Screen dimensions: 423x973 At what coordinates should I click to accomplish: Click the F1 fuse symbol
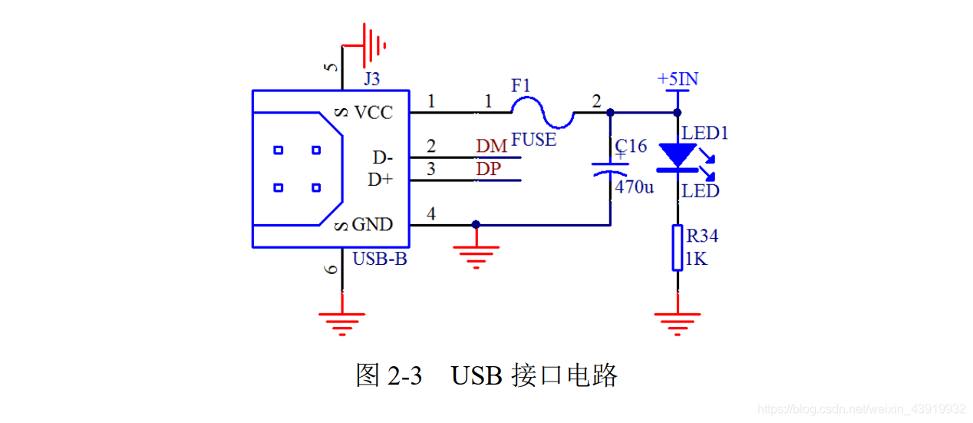tap(543, 113)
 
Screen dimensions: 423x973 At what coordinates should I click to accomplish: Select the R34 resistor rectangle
tap(678, 247)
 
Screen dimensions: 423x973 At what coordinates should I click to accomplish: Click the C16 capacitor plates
tap(611, 170)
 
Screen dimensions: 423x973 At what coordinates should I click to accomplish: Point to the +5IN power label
tap(678, 79)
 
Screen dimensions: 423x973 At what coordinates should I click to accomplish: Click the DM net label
tap(491, 146)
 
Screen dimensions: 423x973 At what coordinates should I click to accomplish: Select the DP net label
tap(489, 169)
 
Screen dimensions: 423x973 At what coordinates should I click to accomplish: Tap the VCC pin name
tap(373, 113)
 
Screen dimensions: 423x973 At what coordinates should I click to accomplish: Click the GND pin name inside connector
tap(372, 225)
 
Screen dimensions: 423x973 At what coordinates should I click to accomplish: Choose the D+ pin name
tap(381, 180)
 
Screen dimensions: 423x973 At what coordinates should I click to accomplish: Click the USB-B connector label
tap(379, 259)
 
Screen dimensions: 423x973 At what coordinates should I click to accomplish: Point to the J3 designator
tap(371, 79)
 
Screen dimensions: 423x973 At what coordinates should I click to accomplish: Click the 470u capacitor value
tap(634, 187)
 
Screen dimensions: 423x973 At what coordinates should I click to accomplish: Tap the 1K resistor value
tap(696, 259)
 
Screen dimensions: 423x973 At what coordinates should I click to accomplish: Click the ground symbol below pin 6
tap(342, 322)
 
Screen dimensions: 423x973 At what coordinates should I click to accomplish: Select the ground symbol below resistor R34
tap(678, 322)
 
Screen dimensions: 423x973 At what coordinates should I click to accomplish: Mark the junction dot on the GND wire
tap(476, 225)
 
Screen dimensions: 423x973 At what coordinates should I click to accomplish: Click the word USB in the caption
tap(476, 376)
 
